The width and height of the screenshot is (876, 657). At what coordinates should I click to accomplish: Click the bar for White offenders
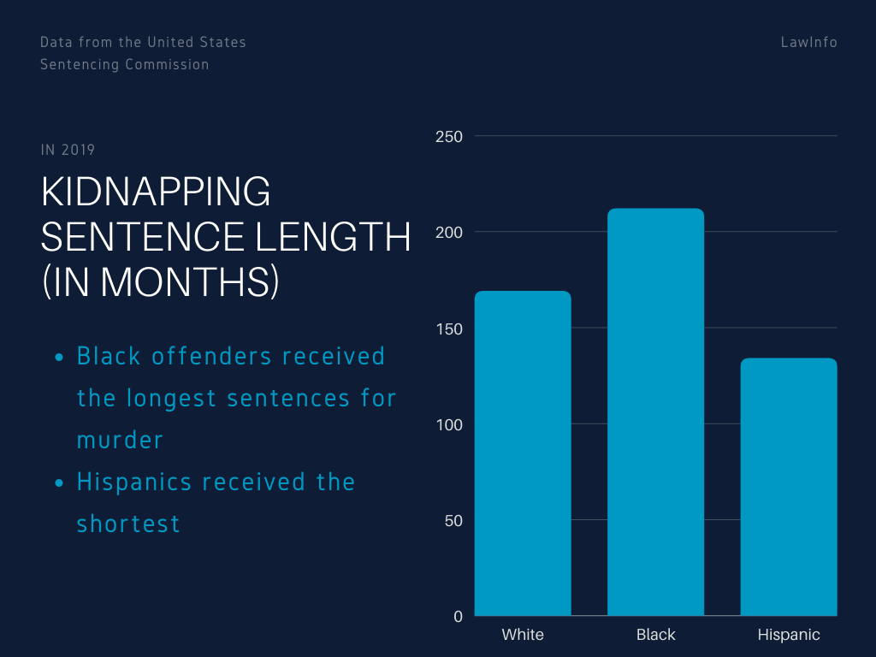pos(523,453)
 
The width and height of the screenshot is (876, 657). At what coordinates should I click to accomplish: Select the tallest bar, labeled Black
pos(656,411)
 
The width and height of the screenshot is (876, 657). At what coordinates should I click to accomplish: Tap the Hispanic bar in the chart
pos(789,487)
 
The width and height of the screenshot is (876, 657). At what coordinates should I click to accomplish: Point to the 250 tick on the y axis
pos(449,136)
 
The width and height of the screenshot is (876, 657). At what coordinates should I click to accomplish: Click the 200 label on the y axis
pos(449,233)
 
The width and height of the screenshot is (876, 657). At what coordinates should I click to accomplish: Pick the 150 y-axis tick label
pos(449,328)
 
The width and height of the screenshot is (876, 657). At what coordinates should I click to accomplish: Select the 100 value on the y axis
pos(449,424)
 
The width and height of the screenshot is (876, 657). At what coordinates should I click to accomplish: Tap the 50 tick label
pos(453,521)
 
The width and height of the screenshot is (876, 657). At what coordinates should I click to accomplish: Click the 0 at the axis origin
pos(459,616)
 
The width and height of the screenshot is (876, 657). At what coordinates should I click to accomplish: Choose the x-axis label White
pos(523,635)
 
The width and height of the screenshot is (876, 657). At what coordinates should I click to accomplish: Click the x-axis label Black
pos(656,635)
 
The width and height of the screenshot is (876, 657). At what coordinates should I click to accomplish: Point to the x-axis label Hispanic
pos(789,636)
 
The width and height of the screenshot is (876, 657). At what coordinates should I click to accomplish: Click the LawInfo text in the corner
pos(809,42)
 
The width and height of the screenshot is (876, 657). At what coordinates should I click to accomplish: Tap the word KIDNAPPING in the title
pos(156,192)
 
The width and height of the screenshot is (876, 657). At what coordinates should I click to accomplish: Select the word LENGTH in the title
pos(333,236)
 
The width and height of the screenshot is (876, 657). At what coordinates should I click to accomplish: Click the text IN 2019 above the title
pos(68,150)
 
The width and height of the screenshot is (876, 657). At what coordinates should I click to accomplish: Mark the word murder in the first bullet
pos(120,441)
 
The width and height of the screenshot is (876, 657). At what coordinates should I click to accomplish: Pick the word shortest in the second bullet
pos(128,524)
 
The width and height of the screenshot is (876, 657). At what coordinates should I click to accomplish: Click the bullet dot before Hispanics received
pos(59,482)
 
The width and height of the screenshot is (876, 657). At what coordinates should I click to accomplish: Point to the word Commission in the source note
pos(167,64)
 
